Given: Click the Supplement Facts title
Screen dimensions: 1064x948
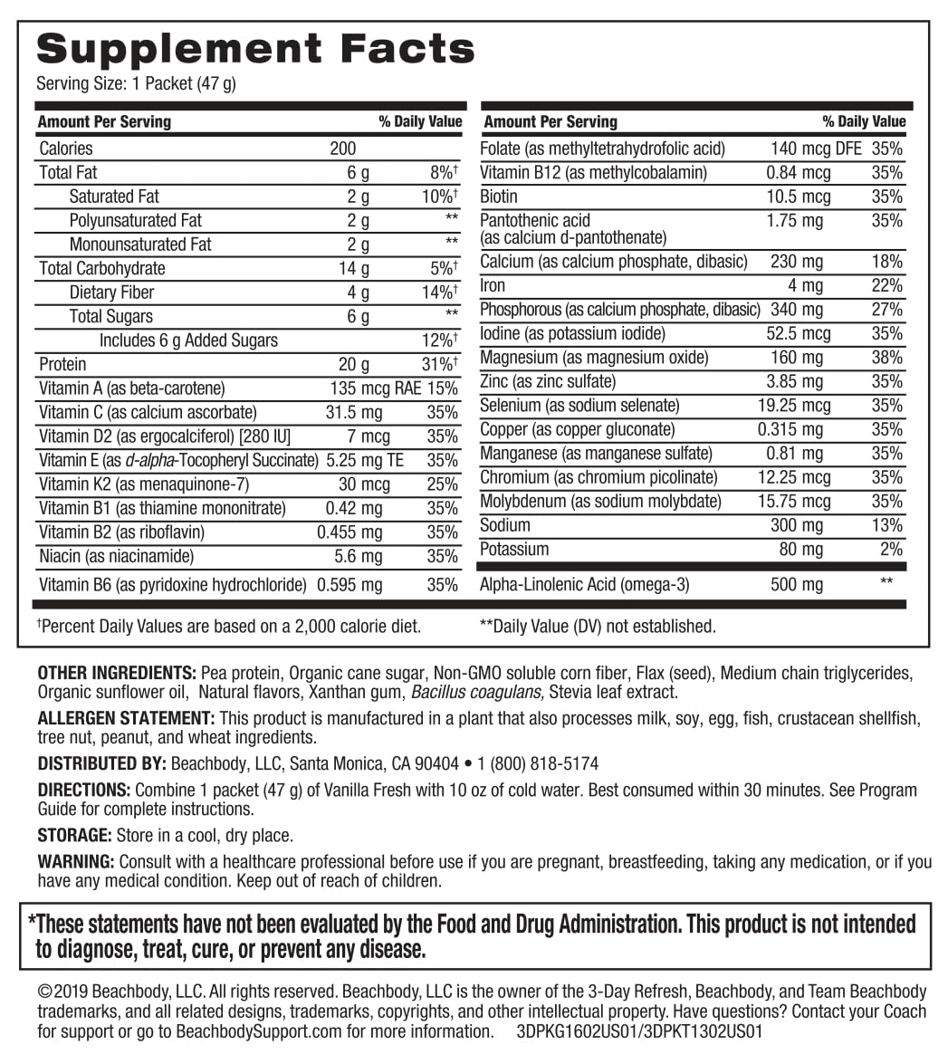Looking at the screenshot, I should click(254, 47).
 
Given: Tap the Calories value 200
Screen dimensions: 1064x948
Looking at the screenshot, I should click(342, 149).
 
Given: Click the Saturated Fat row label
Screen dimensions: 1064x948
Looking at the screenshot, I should click(114, 197).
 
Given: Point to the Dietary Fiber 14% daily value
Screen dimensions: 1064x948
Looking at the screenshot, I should click(440, 292).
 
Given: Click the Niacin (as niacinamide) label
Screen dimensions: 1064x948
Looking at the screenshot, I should click(116, 556).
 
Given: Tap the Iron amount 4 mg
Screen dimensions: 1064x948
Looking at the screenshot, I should click(805, 286).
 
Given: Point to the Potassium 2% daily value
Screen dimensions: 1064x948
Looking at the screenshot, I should click(891, 550).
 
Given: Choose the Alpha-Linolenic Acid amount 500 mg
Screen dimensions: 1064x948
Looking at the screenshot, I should click(797, 585).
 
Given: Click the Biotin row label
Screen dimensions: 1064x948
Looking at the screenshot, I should click(499, 197).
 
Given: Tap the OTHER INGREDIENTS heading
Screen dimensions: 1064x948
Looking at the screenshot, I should click(116, 673).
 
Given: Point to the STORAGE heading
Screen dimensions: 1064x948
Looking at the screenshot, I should click(74, 836).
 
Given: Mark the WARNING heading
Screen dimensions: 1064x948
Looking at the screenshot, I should click(75, 861).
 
